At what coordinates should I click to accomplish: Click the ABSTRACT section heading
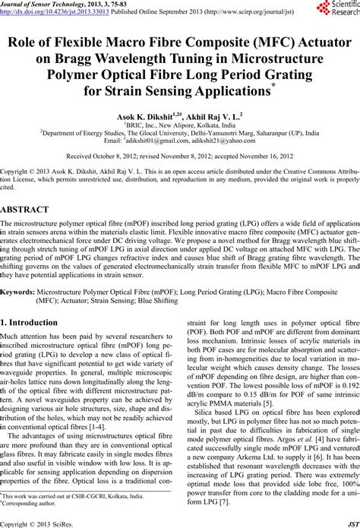pos(26,208)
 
